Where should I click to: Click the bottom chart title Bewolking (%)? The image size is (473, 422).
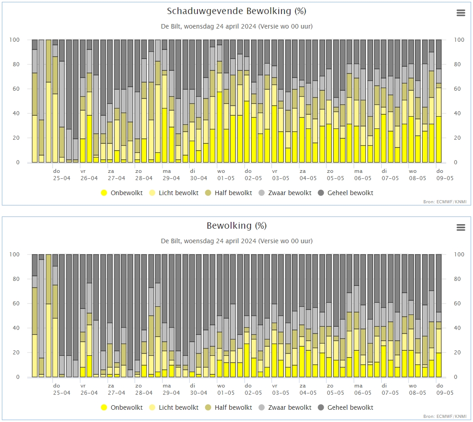[236, 226]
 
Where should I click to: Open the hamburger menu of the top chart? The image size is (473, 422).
[461, 13]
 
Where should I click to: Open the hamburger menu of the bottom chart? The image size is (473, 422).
[461, 228]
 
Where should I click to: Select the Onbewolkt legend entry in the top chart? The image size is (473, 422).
[121, 193]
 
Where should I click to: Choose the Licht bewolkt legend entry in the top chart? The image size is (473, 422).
[173, 193]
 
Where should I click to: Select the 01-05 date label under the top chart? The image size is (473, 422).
[226, 178]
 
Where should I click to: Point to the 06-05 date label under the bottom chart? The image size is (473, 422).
[363, 393]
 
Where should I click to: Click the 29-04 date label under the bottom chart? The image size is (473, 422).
[171, 393]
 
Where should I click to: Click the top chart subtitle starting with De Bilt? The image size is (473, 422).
[236, 26]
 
